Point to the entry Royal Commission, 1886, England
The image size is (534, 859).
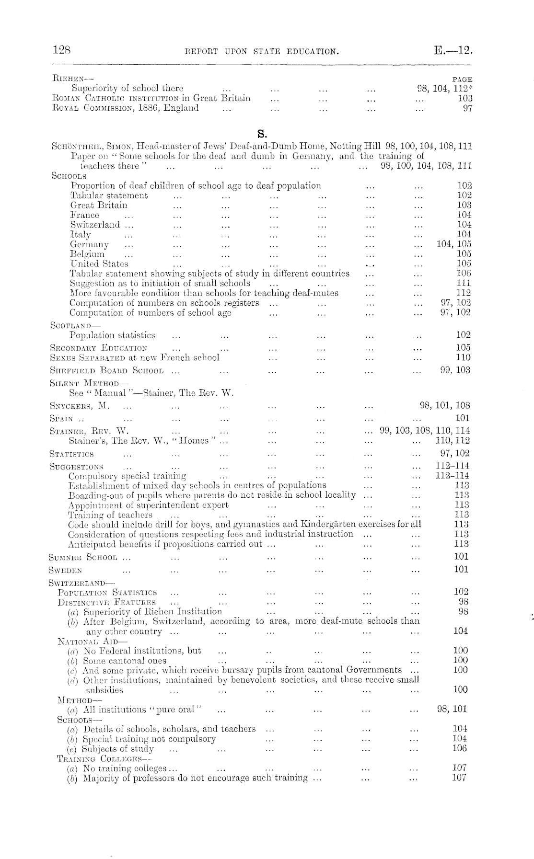[125, 108]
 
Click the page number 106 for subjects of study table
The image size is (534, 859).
[464, 273]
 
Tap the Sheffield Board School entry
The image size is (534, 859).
[106, 370]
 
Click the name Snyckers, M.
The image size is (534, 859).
[79, 405]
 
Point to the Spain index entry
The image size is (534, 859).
[61, 418]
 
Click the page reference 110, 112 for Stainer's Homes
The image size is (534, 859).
[453, 441]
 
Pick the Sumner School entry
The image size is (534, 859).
[82, 557]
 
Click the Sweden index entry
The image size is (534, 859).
[65, 570]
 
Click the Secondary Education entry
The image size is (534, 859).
[98, 348]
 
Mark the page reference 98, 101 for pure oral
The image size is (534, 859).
[452, 709]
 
